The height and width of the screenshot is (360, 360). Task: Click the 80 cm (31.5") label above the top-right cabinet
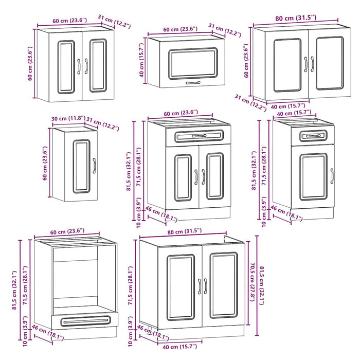(296, 18)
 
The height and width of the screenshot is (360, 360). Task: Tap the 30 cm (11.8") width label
(68, 118)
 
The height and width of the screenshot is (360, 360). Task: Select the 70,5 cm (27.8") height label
(252, 282)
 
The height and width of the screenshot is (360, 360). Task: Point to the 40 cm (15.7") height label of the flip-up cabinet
(141, 60)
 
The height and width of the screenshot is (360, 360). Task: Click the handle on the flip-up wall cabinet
(193, 83)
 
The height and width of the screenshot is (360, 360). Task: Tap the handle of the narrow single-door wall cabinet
(94, 166)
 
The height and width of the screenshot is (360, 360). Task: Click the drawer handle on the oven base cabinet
(85, 321)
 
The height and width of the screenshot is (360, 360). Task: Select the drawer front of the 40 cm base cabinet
(313, 135)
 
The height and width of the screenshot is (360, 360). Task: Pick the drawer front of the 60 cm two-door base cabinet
(199, 136)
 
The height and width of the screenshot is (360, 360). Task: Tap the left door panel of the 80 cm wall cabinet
(287, 65)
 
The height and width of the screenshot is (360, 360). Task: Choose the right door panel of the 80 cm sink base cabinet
(223, 285)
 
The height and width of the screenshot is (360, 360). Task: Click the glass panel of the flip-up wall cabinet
(193, 64)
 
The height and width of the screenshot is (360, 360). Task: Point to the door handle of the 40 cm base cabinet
(332, 176)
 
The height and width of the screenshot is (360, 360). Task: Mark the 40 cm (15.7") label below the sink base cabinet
(180, 347)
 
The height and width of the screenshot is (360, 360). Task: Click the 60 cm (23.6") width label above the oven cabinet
(67, 231)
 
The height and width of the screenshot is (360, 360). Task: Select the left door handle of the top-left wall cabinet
(79, 66)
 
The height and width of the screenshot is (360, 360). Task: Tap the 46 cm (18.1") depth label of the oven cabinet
(48, 332)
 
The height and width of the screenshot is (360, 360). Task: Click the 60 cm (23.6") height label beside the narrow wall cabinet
(45, 163)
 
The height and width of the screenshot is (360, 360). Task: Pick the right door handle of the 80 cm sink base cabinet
(205, 286)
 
